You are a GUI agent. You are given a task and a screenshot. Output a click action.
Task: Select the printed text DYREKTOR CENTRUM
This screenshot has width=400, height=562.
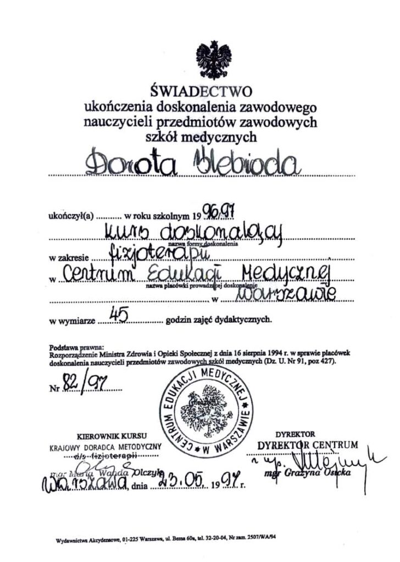pos(307,445)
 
